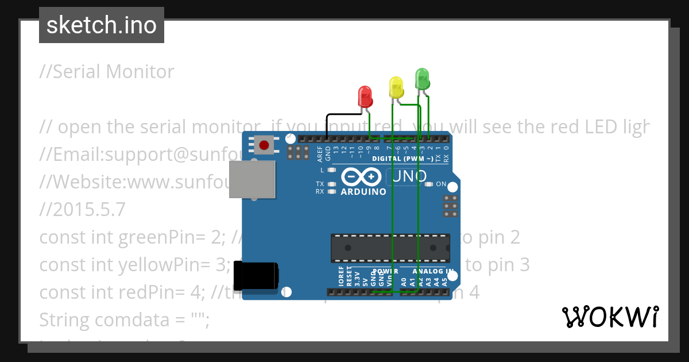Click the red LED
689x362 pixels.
point(365,96)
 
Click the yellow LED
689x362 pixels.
point(396,87)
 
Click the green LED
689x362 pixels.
point(422,78)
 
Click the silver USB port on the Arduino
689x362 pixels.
point(251,179)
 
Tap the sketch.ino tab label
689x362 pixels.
point(101,25)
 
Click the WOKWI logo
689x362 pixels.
point(610,317)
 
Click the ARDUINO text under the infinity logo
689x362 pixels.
point(363,192)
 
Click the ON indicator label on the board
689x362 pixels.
point(441,184)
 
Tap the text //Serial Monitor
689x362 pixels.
point(107,72)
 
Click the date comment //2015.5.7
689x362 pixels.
point(82,210)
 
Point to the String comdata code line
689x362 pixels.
point(124,319)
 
